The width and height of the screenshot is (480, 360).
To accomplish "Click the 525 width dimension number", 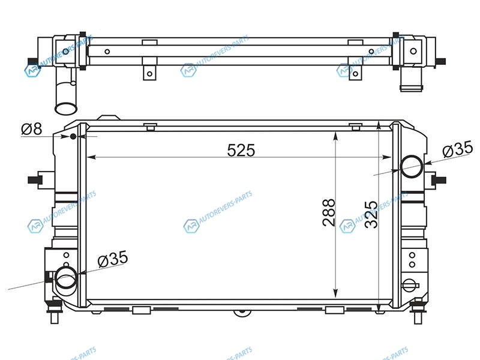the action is click(241, 151).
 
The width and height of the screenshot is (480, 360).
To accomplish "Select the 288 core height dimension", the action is click(329, 212).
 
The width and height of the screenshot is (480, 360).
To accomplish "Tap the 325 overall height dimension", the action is click(371, 214).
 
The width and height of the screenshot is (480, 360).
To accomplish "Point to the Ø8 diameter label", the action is click(32, 129).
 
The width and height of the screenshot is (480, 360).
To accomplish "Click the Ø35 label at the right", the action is click(458, 149).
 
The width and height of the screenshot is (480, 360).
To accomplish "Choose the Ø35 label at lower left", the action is click(113, 259).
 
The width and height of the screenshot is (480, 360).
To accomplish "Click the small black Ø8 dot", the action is click(73, 136).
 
